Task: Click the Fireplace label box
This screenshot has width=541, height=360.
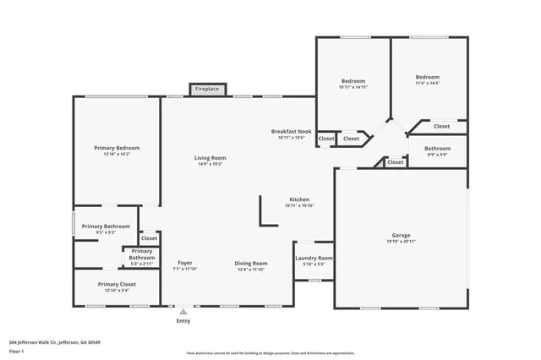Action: coord(207,89)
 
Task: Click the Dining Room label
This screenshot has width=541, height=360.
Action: coord(250,263)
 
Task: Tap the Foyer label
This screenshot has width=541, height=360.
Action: coord(185,263)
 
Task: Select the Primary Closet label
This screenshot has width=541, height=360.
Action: coord(117,285)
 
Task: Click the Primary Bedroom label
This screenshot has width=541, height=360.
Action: coord(117,148)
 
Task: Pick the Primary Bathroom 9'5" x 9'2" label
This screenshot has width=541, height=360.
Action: coord(106,226)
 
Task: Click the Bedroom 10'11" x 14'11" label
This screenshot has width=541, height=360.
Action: coord(353,81)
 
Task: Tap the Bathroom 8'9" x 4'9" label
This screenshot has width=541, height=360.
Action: coord(437,149)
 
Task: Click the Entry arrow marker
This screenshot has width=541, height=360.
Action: coord(183,311)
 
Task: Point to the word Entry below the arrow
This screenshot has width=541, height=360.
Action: coord(183,320)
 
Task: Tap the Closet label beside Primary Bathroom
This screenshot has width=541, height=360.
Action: coord(149,238)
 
